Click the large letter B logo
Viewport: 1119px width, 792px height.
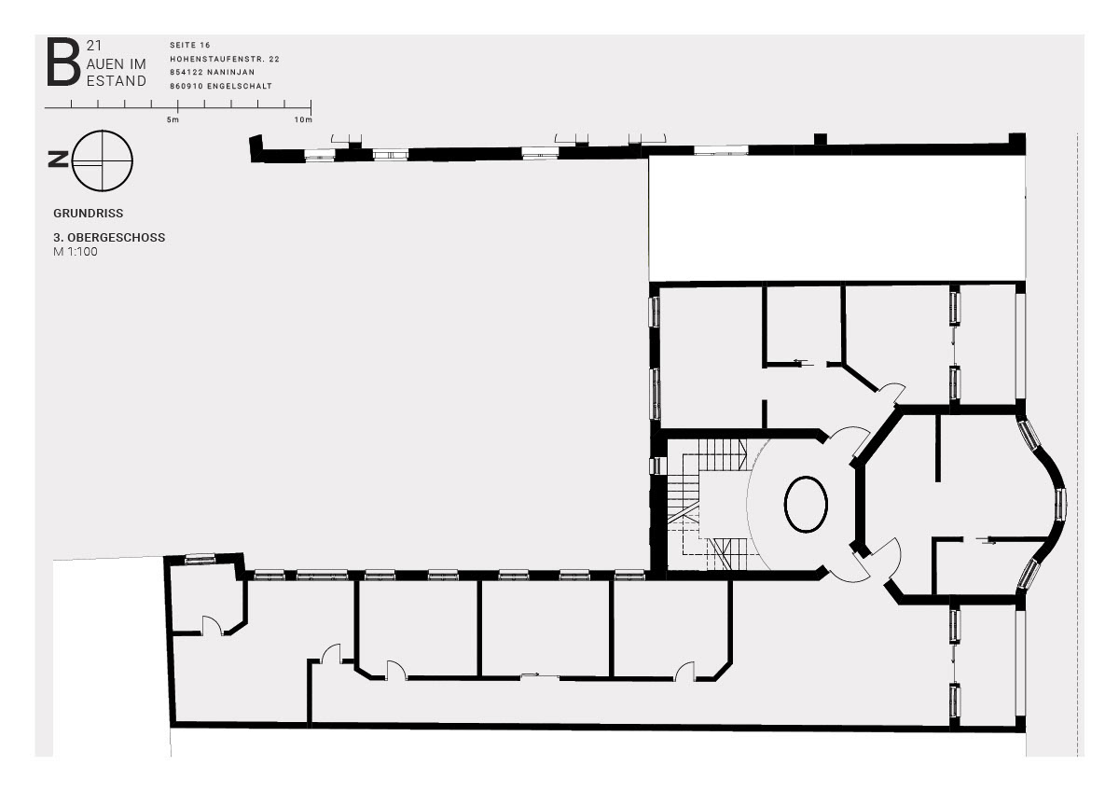click(x=63, y=62)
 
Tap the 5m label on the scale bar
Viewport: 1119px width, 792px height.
click(x=173, y=119)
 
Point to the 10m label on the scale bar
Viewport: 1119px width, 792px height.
click(x=303, y=119)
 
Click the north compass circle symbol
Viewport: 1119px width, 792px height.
click(x=103, y=160)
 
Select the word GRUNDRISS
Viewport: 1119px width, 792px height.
click(x=89, y=214)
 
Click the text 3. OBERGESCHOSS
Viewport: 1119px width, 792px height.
click(x=109, y=237)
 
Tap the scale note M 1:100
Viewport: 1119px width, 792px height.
click(x=76, y=251)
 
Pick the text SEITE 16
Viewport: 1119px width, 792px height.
click(x=190, y=45)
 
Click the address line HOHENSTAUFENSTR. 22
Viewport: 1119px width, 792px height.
click(x=225, y=59)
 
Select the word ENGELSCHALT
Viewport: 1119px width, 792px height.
click(x=240, y=86)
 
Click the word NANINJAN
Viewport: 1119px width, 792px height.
click(x=231, y=72)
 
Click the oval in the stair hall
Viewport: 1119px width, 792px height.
click(x=806, y=504)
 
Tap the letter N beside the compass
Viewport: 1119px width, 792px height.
click(x=58, y=159)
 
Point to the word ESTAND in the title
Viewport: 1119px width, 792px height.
click(x=117, y=81)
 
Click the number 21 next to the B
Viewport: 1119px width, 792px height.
click(x=94, y=46)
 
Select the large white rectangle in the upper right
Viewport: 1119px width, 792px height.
click(x=837, y=218)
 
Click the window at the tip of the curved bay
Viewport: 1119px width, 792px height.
click(x=1060, y=504)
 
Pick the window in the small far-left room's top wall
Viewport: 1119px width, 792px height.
click(x=200, y=559)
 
